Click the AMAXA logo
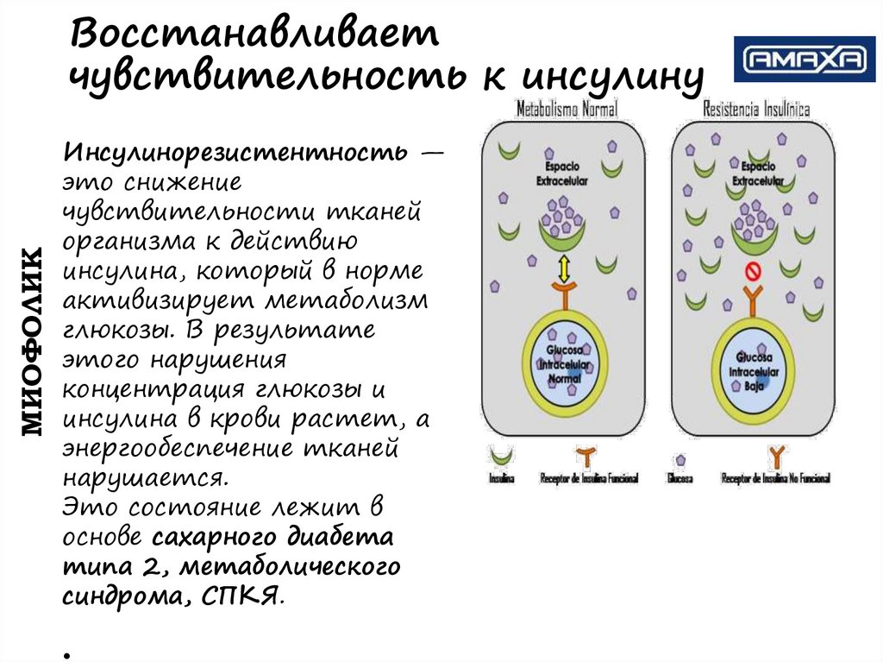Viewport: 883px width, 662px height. coord(804,60)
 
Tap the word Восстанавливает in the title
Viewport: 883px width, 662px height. coord(254,36)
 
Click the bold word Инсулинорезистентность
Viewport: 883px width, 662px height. coord(234,154)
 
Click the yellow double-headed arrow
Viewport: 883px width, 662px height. coord(565,268)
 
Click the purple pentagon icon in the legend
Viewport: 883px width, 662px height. coord(681,460)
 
